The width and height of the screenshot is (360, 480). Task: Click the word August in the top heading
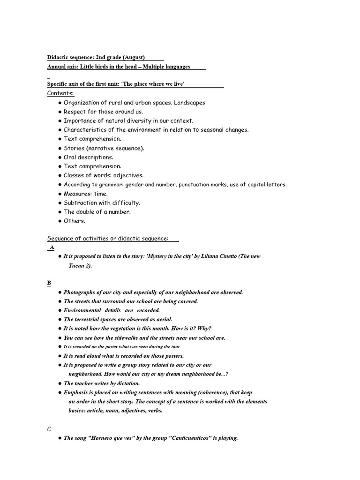point(133,57)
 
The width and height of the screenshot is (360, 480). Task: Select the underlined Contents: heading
point(60,93)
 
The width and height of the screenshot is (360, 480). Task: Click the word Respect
point(75,112)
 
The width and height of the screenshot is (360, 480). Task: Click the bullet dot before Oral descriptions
point(60,157)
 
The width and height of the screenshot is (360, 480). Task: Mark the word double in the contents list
point(86,212)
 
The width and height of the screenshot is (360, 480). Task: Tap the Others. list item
point(75,221)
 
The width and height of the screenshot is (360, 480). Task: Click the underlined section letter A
point(52,247)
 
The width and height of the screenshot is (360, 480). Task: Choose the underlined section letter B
point(49,283)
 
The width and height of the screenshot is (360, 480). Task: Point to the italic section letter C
point(49,429)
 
